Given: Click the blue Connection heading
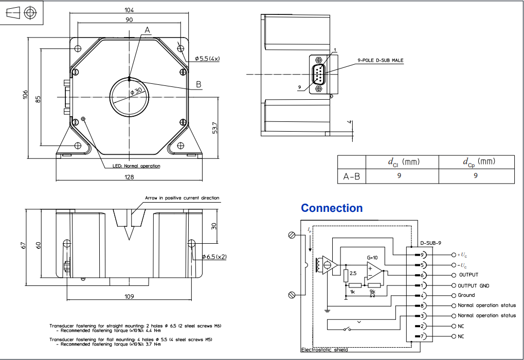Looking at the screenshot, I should point(332,208).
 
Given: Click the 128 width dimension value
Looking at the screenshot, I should point(129,177).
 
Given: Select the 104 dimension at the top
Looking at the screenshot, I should point(129,10).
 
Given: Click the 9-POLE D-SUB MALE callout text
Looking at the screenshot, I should point(380,60).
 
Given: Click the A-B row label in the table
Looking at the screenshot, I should point(351,176).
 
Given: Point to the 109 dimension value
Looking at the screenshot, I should point(129,296).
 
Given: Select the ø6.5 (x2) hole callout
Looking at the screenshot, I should point(214,256).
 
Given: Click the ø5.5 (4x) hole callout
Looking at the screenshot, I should point(207,59).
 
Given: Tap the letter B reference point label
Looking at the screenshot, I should point(198,84).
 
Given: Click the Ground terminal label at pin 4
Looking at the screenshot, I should point(466,295).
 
